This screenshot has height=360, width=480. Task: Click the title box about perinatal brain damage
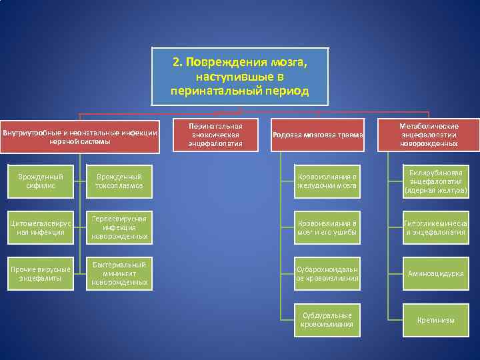pos(240,76)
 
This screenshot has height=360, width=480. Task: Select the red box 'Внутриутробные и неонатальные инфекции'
pos(80,136)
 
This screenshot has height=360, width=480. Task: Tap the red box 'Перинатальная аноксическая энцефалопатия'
pos(215,135)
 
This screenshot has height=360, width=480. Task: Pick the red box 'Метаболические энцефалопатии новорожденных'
pos(429,135)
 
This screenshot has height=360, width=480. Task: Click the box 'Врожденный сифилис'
pos(41,181)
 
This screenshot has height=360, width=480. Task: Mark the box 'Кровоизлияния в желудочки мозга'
pos(327,181)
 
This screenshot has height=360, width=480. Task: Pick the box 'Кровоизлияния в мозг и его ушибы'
pos(327,227)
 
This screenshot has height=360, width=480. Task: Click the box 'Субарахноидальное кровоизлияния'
pos(327,273)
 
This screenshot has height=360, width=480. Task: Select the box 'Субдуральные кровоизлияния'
pos(327,319)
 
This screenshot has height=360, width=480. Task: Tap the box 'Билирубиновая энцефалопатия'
pos(435,181)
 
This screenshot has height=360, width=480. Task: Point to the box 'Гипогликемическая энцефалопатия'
pos(435,227)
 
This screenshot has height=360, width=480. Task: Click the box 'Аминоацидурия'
pos(435,273)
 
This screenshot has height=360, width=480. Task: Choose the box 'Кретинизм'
pos(435,319)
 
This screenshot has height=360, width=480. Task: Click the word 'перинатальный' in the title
pos(213,91)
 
